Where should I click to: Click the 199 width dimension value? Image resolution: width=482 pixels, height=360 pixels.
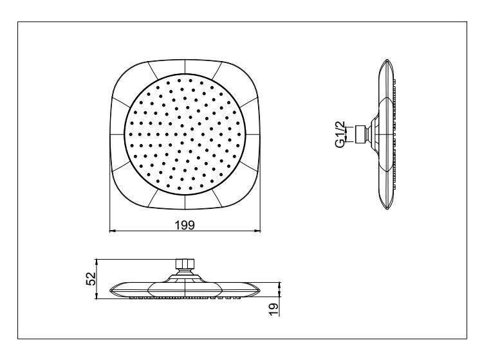[185, 225]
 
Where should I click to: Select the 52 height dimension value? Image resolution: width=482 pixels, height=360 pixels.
[91, 279]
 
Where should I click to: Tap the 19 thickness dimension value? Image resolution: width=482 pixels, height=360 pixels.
[273, 309]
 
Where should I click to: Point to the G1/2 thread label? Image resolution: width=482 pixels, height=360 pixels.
[340, 134]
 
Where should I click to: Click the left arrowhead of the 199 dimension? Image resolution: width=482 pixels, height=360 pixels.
[113, 230]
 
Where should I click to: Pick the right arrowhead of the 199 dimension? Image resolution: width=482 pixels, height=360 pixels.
[257, 230]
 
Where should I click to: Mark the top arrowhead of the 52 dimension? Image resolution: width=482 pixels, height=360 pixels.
[97, 262]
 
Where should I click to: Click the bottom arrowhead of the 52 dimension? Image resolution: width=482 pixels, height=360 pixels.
[97, 296]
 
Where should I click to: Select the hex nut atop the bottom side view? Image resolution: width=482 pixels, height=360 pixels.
[185, 264]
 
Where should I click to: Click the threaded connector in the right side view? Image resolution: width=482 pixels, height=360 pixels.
[360, 134]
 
